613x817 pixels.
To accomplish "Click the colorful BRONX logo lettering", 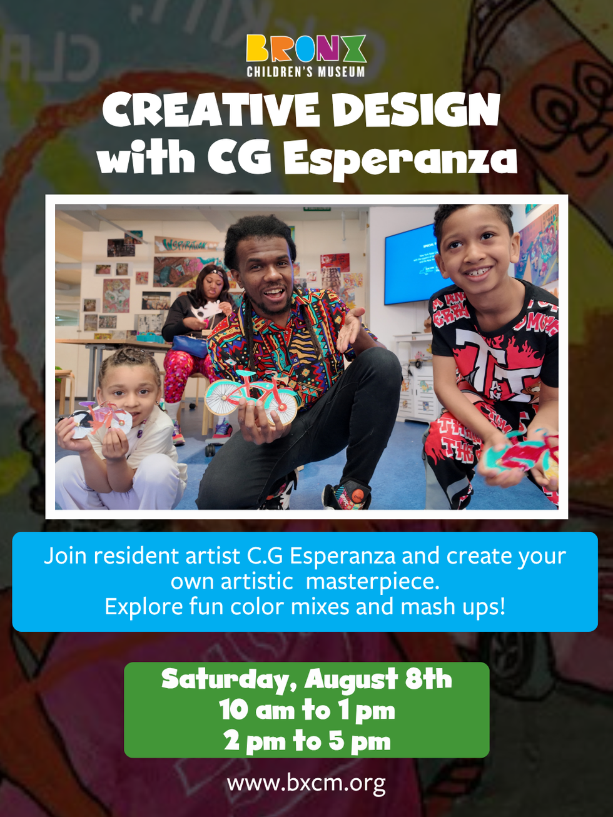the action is pos(306,48).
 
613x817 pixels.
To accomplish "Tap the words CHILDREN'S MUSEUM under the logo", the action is pos(306,71).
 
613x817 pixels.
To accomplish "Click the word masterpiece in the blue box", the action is pos(373,581).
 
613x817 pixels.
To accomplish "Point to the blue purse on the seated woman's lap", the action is pos(190,345).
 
